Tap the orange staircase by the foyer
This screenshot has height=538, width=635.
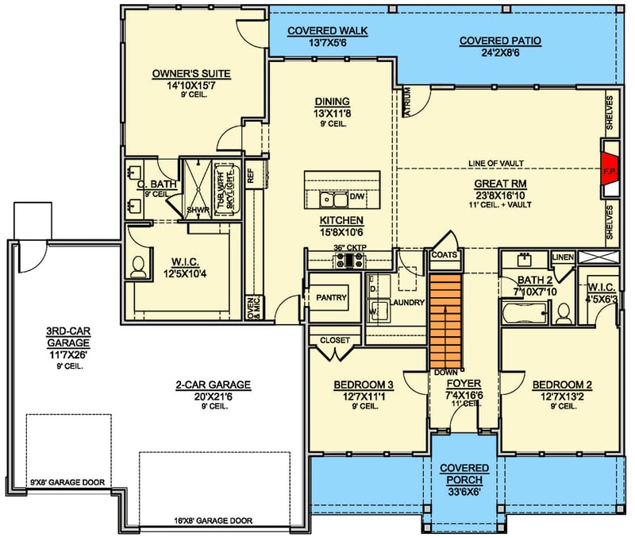pyautogui.click(x=445, y=320)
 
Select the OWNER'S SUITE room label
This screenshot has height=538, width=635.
pyautogui.click(x=190, y=74)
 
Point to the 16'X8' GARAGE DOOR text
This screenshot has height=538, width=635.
pyautogui.click(x=213, y=521)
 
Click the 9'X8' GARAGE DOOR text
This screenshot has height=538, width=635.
pyautogui.click(x=67, y=482)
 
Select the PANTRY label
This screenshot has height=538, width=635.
pyautogui.click(x=332, y=297)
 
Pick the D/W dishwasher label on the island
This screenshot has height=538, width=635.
pyautogui.click(x=357, y=195)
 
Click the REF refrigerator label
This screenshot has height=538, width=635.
pyautogui.click(x=250, y=175)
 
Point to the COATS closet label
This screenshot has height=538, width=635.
pyautogui.click(x=444, y=255)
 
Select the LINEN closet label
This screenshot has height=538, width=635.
pyautogui.click(x=562, y=257)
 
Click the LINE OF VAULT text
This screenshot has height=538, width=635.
pyautogui.click(x=495, y=163)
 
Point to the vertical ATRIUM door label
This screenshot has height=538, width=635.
pyautogui.click(x=407, y=102)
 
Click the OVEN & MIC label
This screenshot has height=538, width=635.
pyautogui.click(x=252, y=306)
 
